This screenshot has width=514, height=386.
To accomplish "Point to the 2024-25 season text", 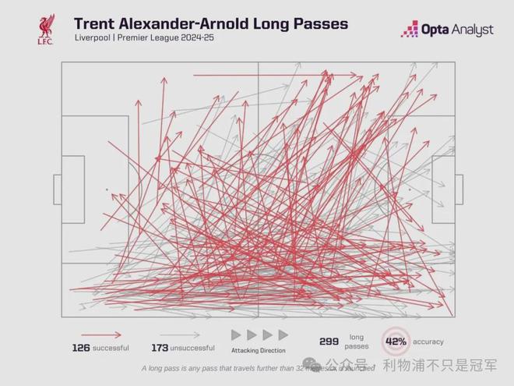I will pos(197,37).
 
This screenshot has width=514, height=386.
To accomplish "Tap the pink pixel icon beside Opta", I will pos(410,29).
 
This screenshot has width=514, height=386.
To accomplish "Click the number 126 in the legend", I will pos(80,347).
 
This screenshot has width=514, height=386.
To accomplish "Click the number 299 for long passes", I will pos(329,342).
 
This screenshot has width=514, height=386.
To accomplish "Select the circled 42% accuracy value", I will pos(396,342).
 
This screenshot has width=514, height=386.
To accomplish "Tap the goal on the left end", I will pos(57,189).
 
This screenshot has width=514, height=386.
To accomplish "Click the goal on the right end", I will pos(459,189).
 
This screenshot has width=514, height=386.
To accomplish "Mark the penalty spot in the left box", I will pos(107,189).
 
